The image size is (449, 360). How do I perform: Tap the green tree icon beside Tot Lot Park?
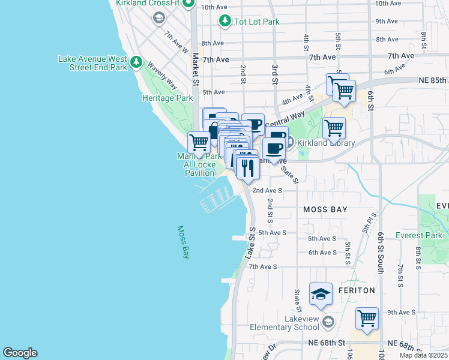[224, 22]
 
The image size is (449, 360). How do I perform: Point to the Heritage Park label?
[167, 98]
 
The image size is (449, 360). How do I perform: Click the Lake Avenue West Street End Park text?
[92, 64]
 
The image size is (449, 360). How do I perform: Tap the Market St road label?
[196, 67]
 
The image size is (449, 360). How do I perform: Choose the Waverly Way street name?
[162, 76]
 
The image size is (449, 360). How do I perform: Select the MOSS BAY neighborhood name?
[322, 209]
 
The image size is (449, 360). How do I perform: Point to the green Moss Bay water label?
[183, 242]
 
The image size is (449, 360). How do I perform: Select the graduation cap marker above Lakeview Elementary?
[321, 295]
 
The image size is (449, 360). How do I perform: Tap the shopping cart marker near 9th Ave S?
[367, 319]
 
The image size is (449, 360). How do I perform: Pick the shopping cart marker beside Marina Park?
[199, 143]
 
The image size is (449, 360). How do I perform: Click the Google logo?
[20, 353]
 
